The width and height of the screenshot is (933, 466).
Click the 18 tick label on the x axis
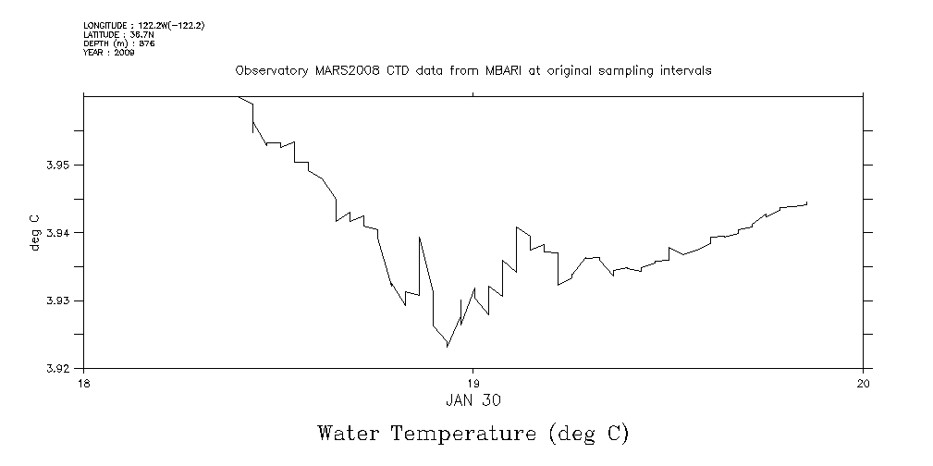[83, 383]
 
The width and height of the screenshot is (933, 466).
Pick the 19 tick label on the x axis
[473, 383]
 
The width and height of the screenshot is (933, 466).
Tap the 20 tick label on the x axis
[863, 383]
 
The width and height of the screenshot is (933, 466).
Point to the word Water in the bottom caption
[348, 433]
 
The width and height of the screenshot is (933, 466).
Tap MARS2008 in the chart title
[344, 71]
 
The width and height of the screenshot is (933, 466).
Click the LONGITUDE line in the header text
[143, 26]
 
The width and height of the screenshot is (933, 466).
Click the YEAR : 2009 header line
[108, 53]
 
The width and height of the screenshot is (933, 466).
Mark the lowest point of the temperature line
[448, 346]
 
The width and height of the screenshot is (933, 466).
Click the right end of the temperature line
[807, 202]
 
